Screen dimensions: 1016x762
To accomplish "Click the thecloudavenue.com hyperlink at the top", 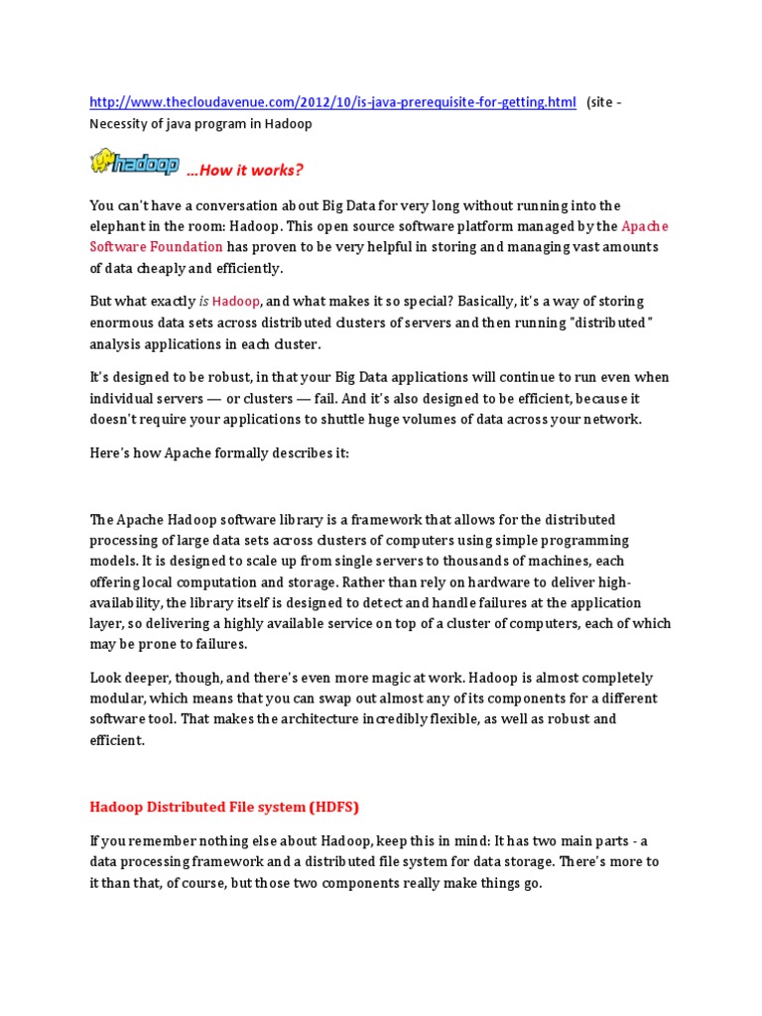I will coord(332,102).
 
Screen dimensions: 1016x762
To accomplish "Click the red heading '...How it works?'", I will coord(245,171).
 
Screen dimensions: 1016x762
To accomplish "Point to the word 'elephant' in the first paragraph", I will coord(118,226).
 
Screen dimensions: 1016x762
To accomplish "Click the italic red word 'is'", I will coord(204,302).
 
